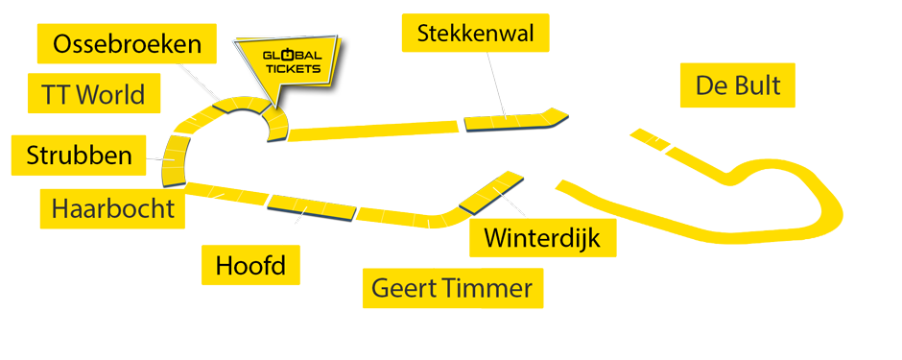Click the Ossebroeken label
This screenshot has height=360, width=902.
coord(128,44)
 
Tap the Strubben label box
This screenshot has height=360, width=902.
coord(79,156)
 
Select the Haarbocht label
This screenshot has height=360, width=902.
coord(113,208)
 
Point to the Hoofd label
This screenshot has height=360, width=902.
coord(249,264)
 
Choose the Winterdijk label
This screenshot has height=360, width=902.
coord(542,237)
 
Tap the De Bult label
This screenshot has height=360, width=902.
coord(738,86)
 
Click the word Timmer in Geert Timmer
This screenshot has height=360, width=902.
coord(488,288)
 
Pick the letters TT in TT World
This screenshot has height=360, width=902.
coord(54,94)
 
